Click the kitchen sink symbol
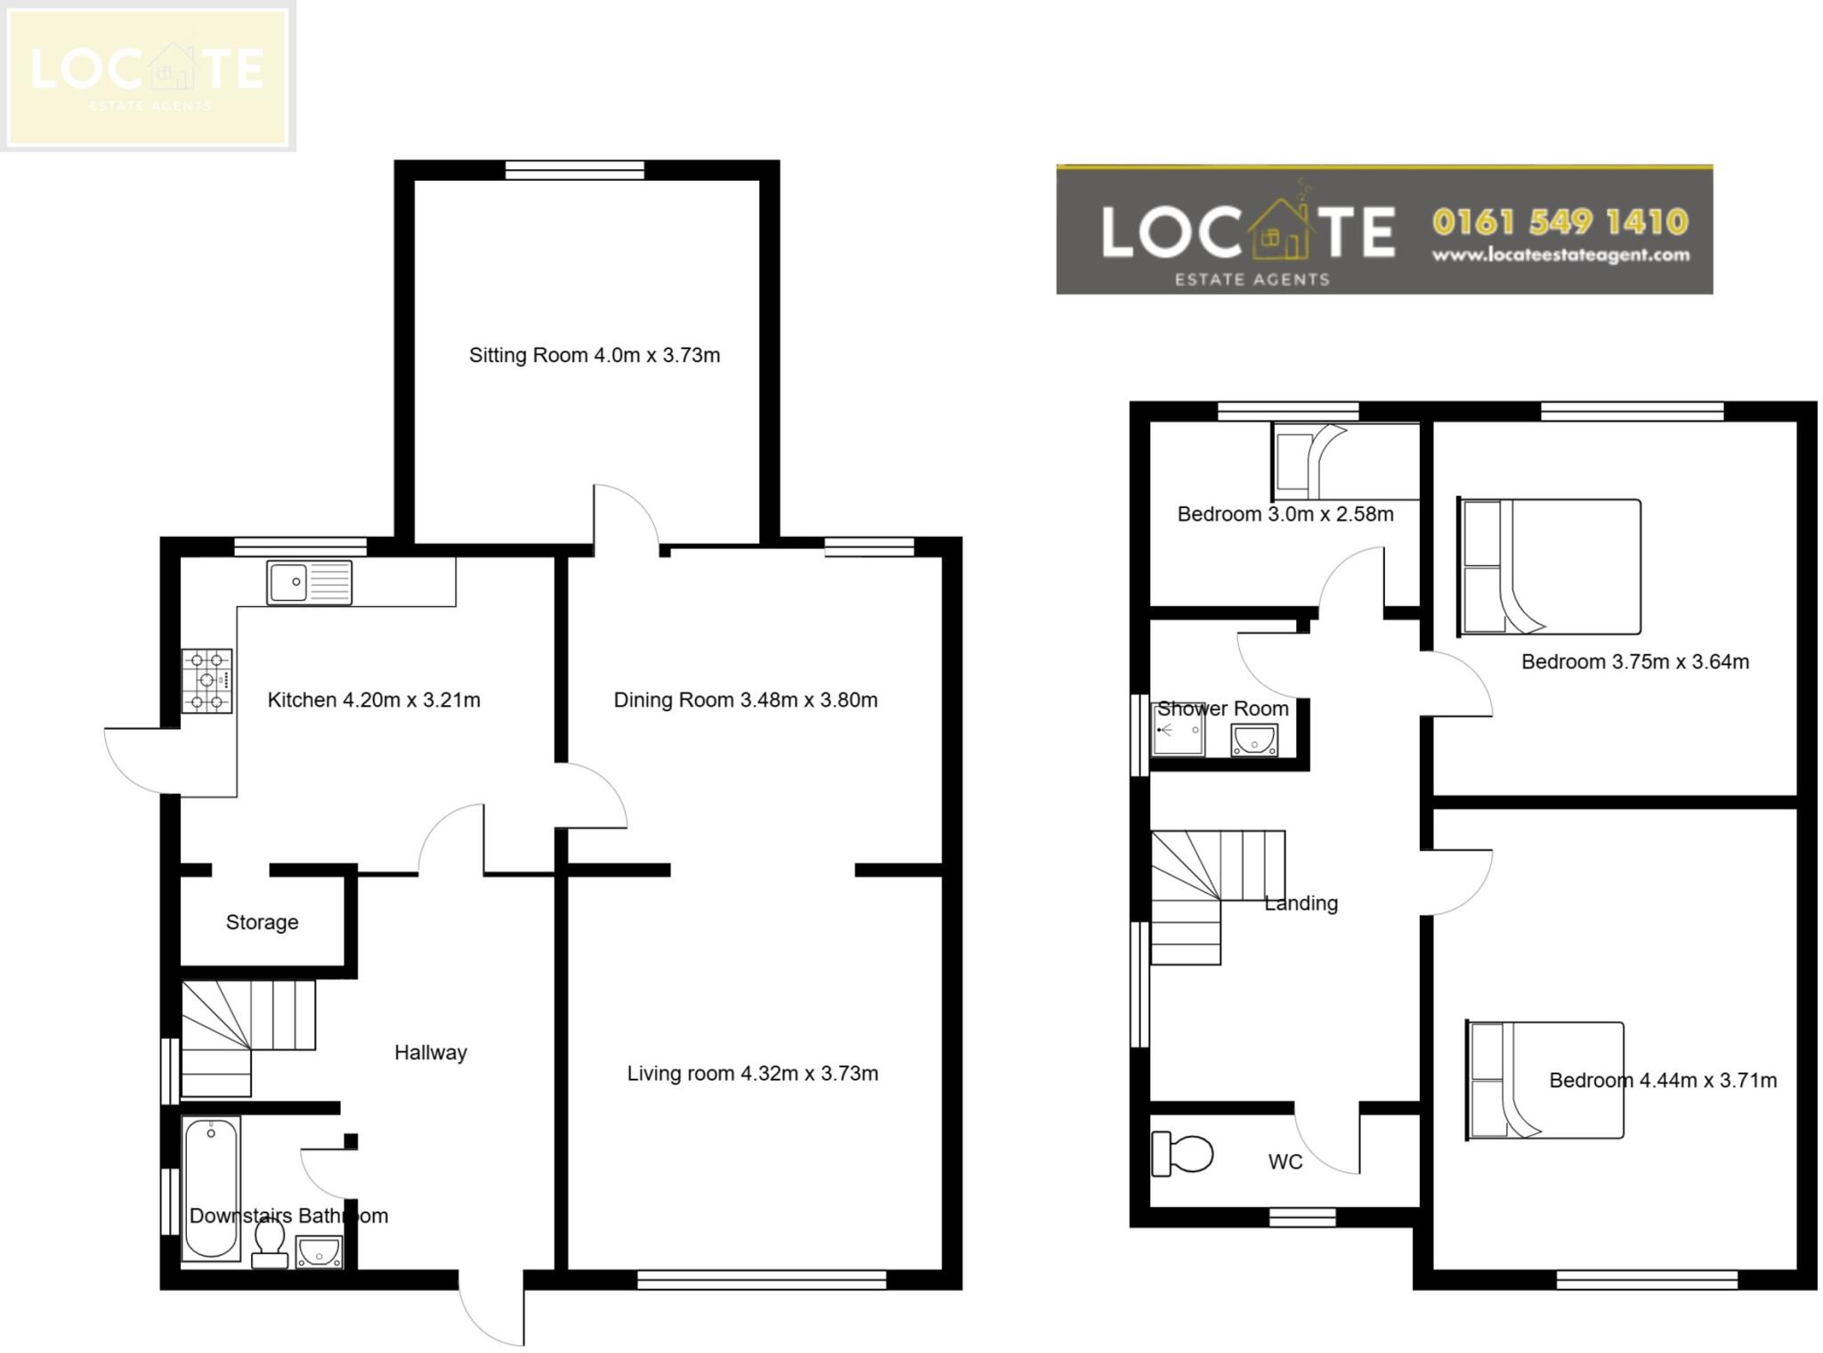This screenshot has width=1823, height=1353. pyautogui.click(x=309, y=583)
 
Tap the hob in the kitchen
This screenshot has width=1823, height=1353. pyautogui.click(x=207, y=681)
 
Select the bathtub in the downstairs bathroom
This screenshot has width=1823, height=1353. pyautogui.click(x=211, y=1188)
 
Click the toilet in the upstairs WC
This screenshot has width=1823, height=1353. pyautogui.click(x=1182, y=1154)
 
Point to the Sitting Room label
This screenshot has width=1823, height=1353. pyautogui.click(x=594, y=355)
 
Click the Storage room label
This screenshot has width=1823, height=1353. pyautogui.click(x=262, y=922)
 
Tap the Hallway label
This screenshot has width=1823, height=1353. pyautogui.click(x=430, y=1052)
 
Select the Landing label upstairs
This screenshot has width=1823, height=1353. pyautogui.click(x=1300, y=903)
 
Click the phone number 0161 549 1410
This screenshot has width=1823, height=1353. pyautogui.click(x=1560, y=222)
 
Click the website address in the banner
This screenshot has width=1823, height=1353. pyautogui.click(x=1560, y=255)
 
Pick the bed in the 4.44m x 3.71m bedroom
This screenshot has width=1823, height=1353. pyautogui.click(x=1545, y=1080)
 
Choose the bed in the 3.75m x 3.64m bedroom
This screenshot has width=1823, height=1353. pyautogui.click(x=1549, y=567)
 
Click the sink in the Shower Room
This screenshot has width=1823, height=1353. pyautogui.click(x=1254, y=740)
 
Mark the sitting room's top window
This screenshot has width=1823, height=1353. pyautogui.click(x=574, y=170)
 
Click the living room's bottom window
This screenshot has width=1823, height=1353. pyautogui.click(x=761, y=1280)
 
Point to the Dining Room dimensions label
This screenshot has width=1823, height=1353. pyautogui.click(x=745, y=700)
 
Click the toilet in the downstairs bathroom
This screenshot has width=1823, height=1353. pyautogui.click(x=269, y=1244)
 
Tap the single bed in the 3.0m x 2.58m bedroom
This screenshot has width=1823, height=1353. pyautogui.click(x=1345, y=461)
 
